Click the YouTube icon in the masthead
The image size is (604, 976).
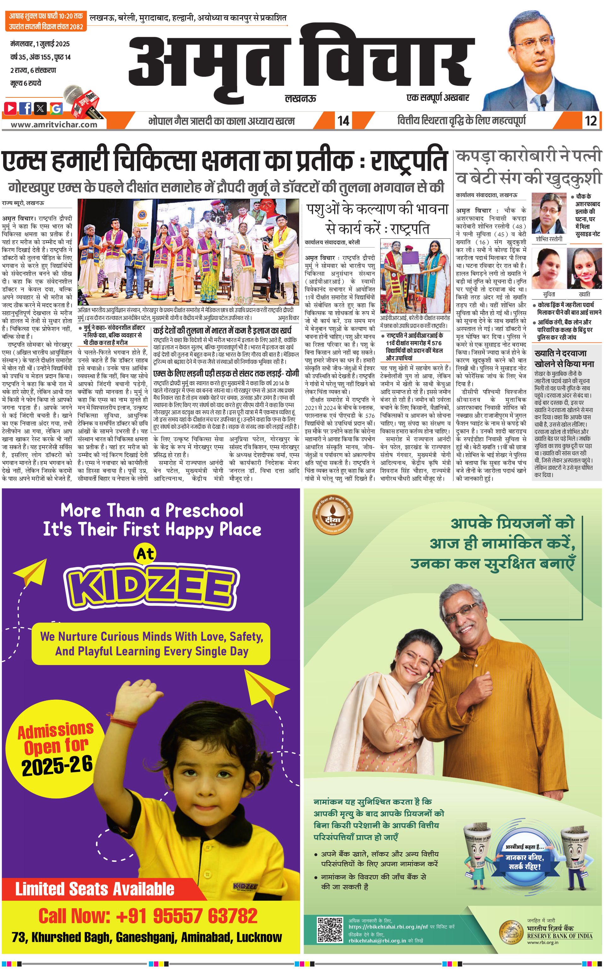click(x=10, y=108)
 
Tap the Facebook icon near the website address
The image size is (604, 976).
click(x=26, y=108)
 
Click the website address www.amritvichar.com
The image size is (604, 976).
click(x=54, y=124)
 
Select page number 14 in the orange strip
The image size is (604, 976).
click(x=343, y=120)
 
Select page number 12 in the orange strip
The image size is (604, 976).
click(x=590, y=120)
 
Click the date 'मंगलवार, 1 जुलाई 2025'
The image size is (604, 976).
click(x=40, y=44)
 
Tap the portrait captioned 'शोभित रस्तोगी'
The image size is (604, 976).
click(x=549, y=214)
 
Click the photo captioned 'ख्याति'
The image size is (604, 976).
click(x=584, y=268)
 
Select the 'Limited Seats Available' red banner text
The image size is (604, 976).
click(x=95, y=889)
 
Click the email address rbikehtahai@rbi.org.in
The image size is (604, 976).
click(x=377, y=940)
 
